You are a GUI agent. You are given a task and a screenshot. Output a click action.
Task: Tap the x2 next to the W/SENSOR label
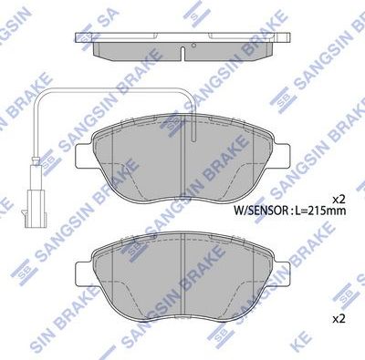[339, 198]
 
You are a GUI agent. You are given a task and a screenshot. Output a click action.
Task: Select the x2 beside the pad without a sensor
[339, 318]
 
